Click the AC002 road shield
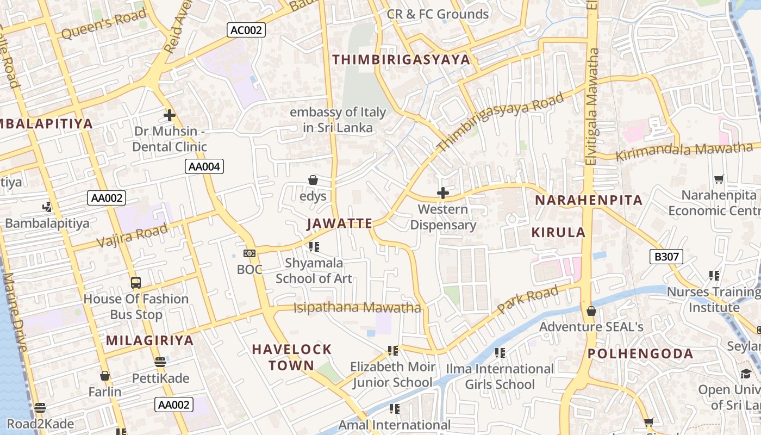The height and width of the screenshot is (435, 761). pyautogui.click(x=246, y=30)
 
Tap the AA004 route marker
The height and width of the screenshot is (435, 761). pyautogui.click(x=204, y=166)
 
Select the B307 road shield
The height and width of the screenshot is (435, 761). pyautogui.click(x=666, y=257)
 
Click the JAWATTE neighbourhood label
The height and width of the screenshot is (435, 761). pyautogui.click(x=340, y=223)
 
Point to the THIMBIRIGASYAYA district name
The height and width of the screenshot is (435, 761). pyautogui.click(x=401, y=60)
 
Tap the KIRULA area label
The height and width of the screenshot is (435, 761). pyautogui.click(x=558, y=233)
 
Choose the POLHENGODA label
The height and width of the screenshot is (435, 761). pyautogui.click(x=640, y=354)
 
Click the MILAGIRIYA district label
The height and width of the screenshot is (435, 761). pyautogui.click(x=149, y=341)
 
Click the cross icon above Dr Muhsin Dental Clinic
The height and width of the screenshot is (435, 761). pyautogui.click(x=170, y=115)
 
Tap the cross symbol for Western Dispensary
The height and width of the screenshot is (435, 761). pyautogui.click(x=443, y=193)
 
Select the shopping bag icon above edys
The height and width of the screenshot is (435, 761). pyautogui.click(x=313, y=180)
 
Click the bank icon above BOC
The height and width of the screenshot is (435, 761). pyautogui.click(x=249, y=253)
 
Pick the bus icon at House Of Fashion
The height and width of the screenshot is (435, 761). pyautogui.click(x=136, y=283)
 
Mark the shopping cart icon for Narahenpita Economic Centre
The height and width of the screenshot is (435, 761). pyautogui.click(x=719, y=179)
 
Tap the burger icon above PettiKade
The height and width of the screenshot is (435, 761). pyautogui.click(x=160, y=362)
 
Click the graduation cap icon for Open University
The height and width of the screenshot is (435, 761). pyautogui.click(x=745, y=374)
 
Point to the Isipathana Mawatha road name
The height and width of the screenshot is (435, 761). pyautogui.click(x=357, y=308)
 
